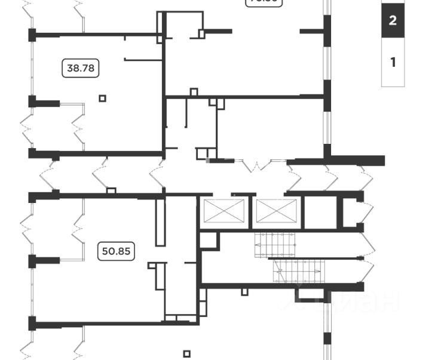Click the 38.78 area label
pyautogui.click(x=81, y=68)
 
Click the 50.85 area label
pyautogui.click(x=116, y=251)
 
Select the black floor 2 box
pyautogui.click(x=393, y=20)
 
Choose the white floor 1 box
pyautogui.click(x=393, y=62)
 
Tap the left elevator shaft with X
pyautogui.click(x=224, y=211)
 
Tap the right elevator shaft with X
pyautogui.click(x=276, y=211)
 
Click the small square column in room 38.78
pyautogui.click(x=103, y=98)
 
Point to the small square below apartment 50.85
pyautogui.click(x=186, y=353)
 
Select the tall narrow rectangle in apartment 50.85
pyautogui.click(x=160, y=222)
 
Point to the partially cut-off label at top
pyautogui.click(x=264, y=2)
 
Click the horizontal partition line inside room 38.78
pyautogui.click(x=143, y=59)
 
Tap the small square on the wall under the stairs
pyautogui.click(x=244, y=292)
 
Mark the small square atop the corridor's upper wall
pyautogui.click(x=194, y=92)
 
